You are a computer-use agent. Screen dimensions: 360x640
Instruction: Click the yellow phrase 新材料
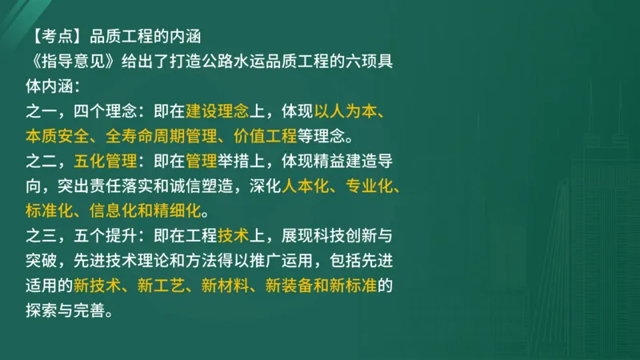(226, 286)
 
